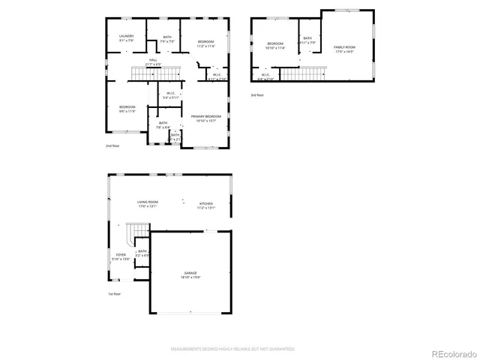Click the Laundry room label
coord(126,36)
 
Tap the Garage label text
coord(191,273)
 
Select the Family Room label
coord(344,47)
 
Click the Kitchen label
coord(206,203)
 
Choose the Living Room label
coord(147,203)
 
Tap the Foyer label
coord(120,255)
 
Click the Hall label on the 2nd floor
coord(152,60)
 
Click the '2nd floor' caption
coord(112,145)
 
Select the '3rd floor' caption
coord(258,95)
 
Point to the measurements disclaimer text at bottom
coord(232,349)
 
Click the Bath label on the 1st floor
coord(142,252)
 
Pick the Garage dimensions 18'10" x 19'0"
coord(191,277)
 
